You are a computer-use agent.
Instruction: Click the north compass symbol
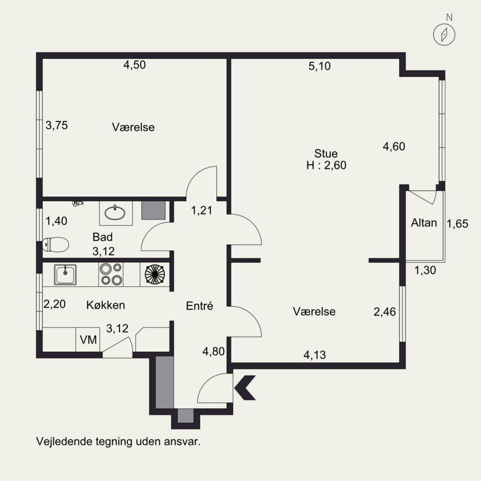(x=444, y=34)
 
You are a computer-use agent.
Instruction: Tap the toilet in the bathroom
(x=55, y=245)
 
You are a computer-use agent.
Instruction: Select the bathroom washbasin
(x=115, y=212)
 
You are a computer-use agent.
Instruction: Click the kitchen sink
(x=65, y=274)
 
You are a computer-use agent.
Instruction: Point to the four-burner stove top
(x=111, y=274)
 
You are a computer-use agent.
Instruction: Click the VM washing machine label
(x=88, y=340)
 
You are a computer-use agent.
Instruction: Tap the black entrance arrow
(x=245, y=387)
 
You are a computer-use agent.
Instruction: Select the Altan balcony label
(x=424, y=222)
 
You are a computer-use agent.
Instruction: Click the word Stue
(x=326, y=153)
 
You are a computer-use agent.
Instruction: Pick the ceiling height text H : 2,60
(x=326, y=165)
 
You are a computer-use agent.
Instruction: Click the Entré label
(x=200, y=306)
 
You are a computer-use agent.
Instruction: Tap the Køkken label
(x=106, y=305)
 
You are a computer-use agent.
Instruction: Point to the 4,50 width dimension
(x=134, y=65)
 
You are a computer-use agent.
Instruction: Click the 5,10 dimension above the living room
(x=320, y=66)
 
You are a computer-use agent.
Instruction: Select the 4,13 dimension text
(x=314, y=355)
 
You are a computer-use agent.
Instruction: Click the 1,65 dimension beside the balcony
(x=458, y=224)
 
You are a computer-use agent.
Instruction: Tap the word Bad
(x=102, y=237)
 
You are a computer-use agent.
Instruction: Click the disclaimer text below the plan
(x=118, y=442)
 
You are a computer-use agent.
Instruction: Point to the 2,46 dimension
(x=385, y=312)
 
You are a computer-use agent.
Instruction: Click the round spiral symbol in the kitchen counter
(x=155, y=274)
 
